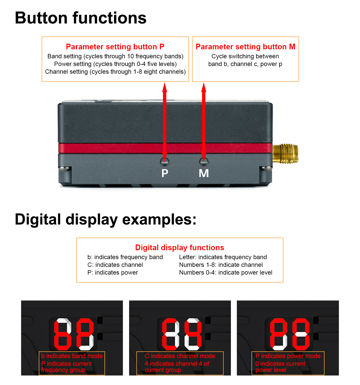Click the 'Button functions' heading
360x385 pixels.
tap(80, 18)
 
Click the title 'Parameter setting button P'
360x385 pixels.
tap(115, 46)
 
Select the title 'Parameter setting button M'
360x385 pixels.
tap(245, 46)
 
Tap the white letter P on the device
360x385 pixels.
tap(165, 173)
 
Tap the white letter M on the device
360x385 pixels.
tap(203, 173)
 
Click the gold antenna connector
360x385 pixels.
tap(285, 154)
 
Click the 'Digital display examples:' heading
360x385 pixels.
tap(105, 219)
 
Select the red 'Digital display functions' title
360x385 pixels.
tap(179, 247)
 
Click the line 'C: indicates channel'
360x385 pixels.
tap(115, 265)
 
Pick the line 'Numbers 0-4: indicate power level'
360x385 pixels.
tap(226, 272)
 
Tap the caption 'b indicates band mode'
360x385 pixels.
tap(72, 356)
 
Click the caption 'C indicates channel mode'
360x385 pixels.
tap(180, 356)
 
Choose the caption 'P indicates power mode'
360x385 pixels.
tap(288, 356)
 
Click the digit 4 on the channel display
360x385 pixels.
tap(193, 334)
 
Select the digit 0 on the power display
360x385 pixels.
tap(301, 334)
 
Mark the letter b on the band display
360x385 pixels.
tap(63, 334)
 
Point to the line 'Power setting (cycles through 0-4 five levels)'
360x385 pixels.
tap(115, 64)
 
